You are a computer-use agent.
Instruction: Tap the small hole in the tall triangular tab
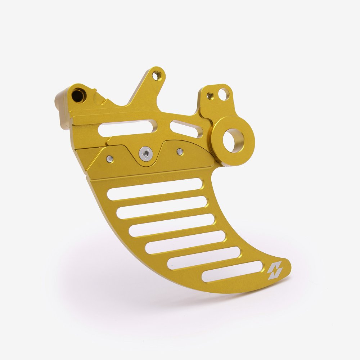[156, 75]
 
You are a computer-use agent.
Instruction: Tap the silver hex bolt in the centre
[146, 154]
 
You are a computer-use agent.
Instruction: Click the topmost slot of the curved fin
[154, 189]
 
